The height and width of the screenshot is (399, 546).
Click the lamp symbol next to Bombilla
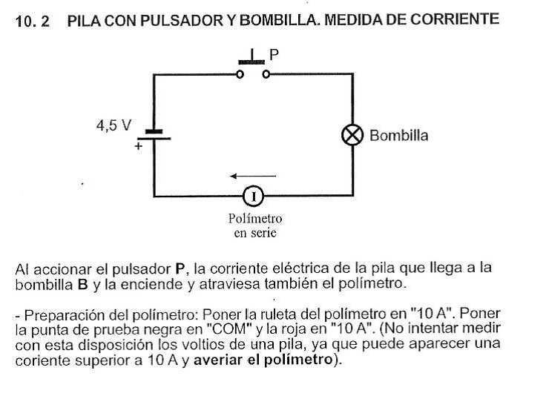pyautogui.click(x=352, y=136)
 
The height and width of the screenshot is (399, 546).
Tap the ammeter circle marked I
pyautogui.click(x=254, y=197)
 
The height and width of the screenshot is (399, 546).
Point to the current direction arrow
pyautogui.click(x=252, y=177)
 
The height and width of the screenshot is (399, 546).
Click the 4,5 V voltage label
pyautogui.click(x=113, y=126)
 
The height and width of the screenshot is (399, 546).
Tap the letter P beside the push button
pyautogui.click(x=274, y=54)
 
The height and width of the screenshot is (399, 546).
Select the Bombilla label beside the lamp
pyautogui.click(x=398, y=136)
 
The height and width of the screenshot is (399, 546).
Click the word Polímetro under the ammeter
pyautogui.click(x=254, y=219)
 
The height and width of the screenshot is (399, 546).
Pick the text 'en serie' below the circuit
pyautogui.click(x=254, y=232)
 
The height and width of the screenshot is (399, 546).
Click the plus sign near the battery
pyautogui.click(x=137, y=147)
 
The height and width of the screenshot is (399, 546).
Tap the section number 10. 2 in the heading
pyautogui.click(x=33, y=22)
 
